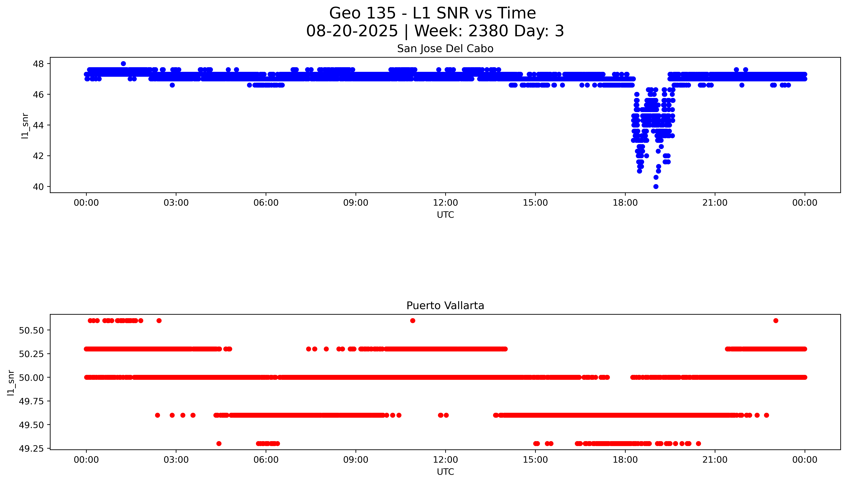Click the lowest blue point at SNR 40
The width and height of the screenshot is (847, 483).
pos(655,186)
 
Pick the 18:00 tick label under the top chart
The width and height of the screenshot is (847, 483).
pos(625,203)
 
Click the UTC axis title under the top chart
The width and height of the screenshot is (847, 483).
pos(445,215)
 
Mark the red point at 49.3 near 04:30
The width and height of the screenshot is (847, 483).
pos(219,444)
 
